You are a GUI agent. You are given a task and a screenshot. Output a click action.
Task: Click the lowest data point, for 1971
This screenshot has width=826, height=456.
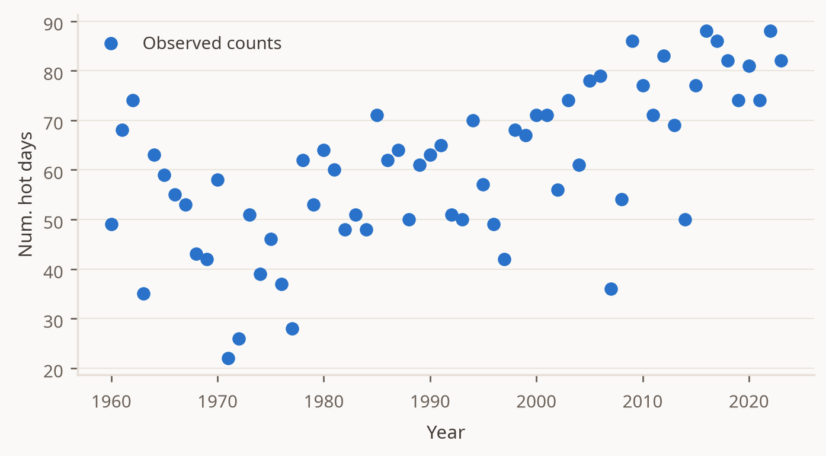228,358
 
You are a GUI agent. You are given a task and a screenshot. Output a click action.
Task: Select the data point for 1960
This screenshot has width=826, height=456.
111,224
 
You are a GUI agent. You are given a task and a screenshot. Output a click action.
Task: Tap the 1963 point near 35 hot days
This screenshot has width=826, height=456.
143,294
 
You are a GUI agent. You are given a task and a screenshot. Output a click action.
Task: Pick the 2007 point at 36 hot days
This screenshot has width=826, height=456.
611,289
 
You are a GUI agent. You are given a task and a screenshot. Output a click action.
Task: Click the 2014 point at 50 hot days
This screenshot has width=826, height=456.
685,219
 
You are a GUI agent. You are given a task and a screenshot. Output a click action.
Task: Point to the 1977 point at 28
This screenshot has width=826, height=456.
292,329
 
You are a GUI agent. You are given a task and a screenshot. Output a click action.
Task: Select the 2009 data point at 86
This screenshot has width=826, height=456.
632,41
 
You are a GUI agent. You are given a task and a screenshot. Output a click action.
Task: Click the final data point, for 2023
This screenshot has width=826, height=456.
781,61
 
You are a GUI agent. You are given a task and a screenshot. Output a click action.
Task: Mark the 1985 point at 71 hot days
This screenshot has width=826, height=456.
377,115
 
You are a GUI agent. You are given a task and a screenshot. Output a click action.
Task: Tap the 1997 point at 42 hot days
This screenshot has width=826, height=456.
504,259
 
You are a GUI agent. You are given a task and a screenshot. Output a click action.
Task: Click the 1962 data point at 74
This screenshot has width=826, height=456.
133,100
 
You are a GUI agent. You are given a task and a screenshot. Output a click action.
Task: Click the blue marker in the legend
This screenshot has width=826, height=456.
111,43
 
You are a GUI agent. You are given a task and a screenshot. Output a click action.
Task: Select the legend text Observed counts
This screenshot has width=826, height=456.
212,43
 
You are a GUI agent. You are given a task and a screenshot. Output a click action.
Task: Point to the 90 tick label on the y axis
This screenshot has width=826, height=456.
53,24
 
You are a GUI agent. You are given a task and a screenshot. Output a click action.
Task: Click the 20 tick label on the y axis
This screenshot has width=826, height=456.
53,371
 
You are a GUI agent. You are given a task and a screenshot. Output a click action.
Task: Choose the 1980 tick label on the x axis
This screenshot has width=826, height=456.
324,402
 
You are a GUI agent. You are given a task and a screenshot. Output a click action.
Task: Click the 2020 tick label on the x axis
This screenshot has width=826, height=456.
749,402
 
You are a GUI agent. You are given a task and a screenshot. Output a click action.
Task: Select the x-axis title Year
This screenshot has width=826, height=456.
446,432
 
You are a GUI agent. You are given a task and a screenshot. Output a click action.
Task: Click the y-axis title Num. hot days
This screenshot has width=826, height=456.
26,194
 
